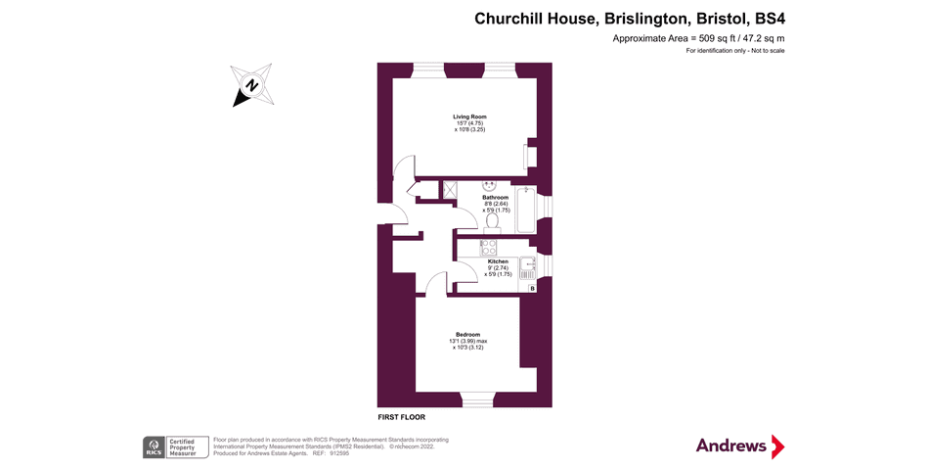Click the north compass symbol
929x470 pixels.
coord(252,85)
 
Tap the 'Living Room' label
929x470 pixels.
coord(469,117)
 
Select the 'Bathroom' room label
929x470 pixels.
coord(495,198)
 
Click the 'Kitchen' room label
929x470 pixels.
coord(498,261)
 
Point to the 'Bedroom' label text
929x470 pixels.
coord(467,335)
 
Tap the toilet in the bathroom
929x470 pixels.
coord(491,222)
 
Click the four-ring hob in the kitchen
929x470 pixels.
coord(489,248)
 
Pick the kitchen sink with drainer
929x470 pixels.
coord(528,267)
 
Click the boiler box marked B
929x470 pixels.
coord(532,289)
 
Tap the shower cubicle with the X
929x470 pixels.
coord(452,190)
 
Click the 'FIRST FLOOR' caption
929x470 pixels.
coord(402,417)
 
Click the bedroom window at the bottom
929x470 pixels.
coord(478,399)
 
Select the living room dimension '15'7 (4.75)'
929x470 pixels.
coord(470,123)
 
